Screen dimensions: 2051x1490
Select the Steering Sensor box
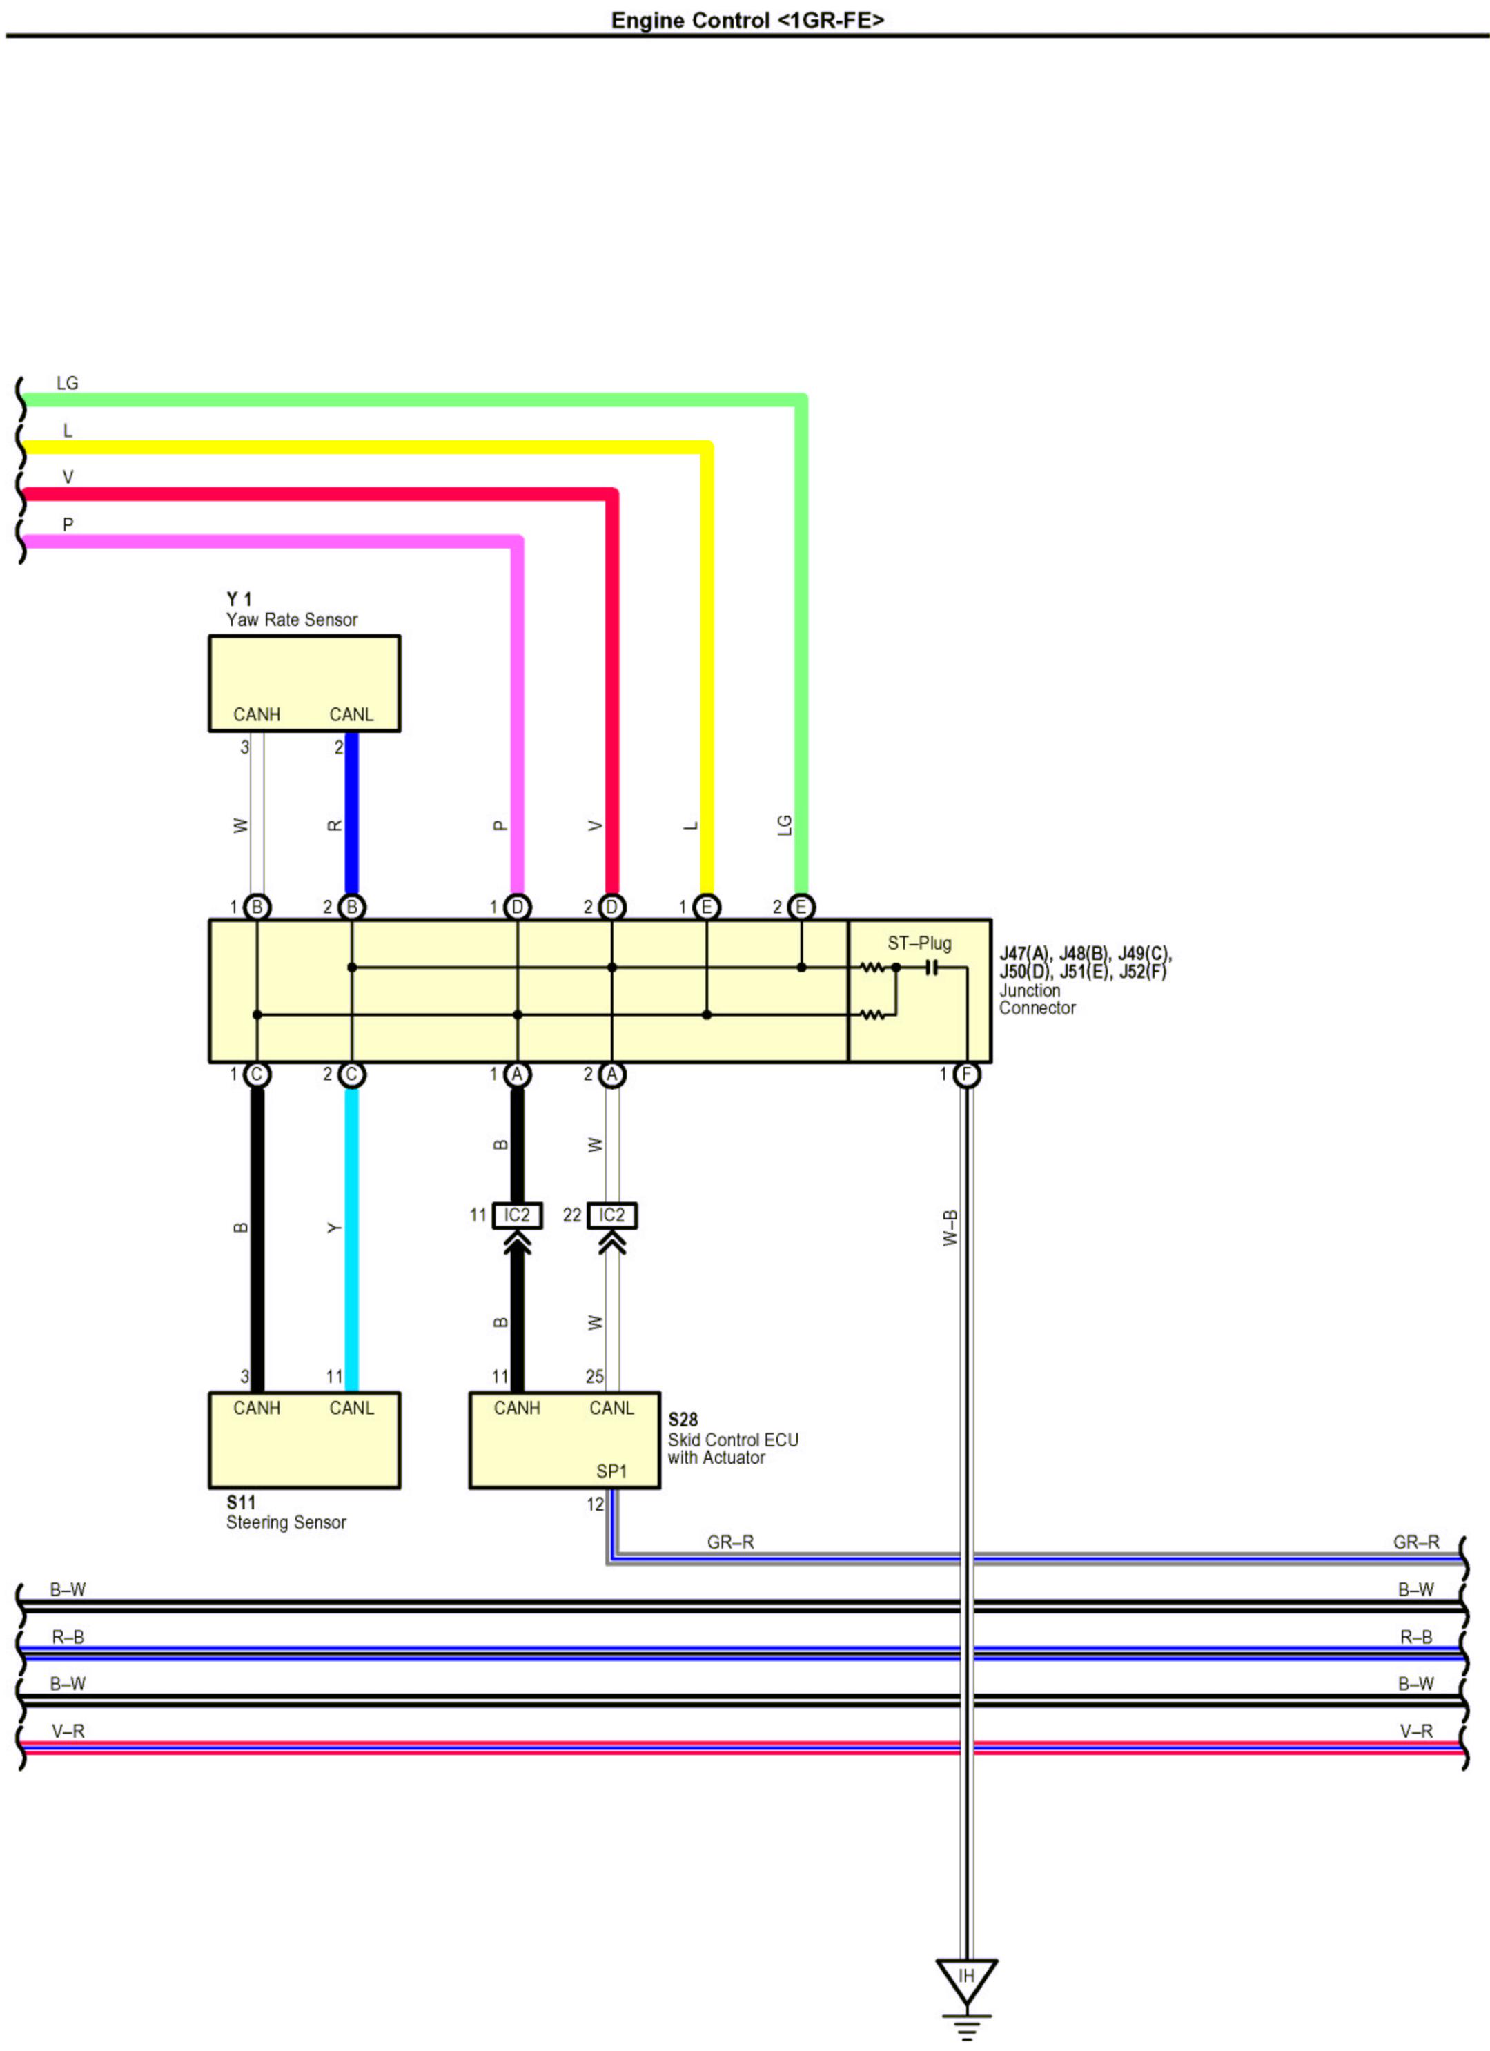point(304,1440)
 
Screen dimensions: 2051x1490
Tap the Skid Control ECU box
point(564,1440)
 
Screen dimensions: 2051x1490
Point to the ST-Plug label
point(919,943)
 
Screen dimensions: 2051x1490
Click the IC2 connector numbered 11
point(517,1215)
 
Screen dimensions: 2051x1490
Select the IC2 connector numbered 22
point(612,1215)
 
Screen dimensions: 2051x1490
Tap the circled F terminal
point(966,1074)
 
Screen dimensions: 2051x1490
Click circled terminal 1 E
point(706,907)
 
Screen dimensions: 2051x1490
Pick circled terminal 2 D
point(612,907)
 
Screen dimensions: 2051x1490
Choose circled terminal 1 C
point(257,1074)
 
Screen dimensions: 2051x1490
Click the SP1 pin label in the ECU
point(611,1471)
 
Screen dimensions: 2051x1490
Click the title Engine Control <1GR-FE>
point(747,20)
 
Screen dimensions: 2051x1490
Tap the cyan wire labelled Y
point(352,1239)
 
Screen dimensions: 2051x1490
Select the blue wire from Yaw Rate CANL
point(352,814)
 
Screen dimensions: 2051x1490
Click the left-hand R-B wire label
point(68,1637)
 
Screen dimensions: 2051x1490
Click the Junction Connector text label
point(1037,999)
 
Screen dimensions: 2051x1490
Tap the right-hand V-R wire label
point(1416,1731)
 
